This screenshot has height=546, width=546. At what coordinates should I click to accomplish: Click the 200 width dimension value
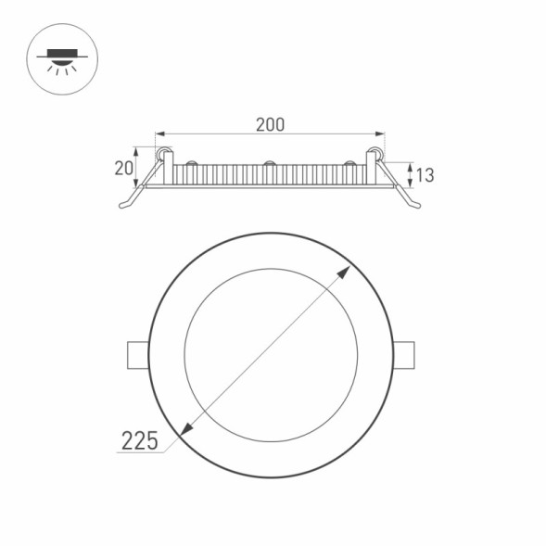coord(270,124)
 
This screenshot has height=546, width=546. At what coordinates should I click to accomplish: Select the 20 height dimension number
coord(122,168)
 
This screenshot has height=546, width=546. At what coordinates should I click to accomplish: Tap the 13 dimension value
coord(425,174)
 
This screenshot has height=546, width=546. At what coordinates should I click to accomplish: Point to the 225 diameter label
coord(139,440)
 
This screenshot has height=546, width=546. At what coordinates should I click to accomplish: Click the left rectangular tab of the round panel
coord(136,355)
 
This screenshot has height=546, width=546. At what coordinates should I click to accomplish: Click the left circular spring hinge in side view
coord(163,153)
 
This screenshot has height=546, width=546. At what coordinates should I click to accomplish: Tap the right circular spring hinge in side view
coord(376,153)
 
